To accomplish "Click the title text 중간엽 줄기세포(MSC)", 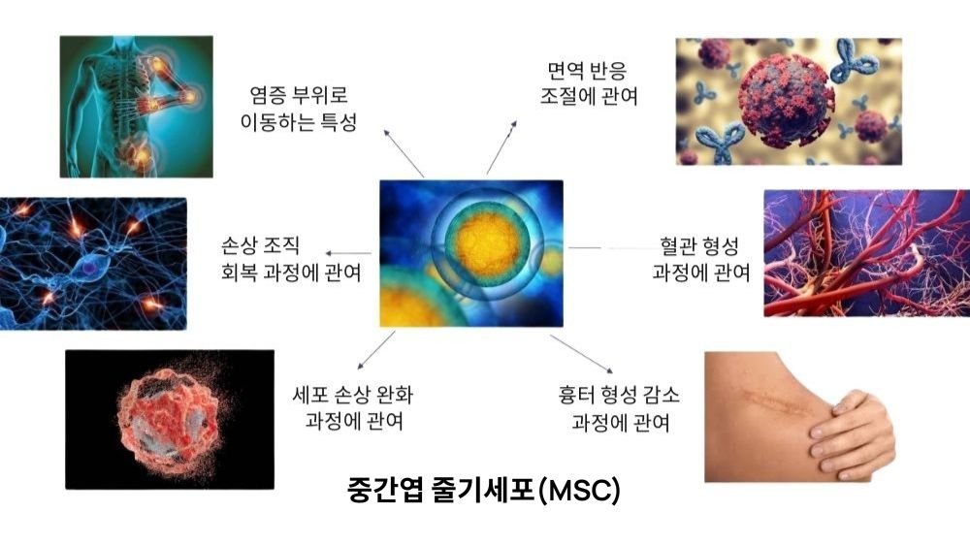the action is coord(484,490).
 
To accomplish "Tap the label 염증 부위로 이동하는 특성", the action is coord(299,109).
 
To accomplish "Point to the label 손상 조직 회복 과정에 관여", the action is coord(291,259).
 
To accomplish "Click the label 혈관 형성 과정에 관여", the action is coord(701,259).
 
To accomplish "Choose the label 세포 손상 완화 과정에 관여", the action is coord(353,407).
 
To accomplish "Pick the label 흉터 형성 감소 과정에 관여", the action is coord(619,408).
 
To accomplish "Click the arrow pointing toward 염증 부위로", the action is coord(404,153).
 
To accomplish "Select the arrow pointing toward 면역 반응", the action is coord(501,147).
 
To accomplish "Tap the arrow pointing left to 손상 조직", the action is coord(348,253).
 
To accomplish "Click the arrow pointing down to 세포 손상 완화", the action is coord(376,350).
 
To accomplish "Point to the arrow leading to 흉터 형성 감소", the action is coord(581,354).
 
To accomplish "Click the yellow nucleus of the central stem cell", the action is coord(488,243).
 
